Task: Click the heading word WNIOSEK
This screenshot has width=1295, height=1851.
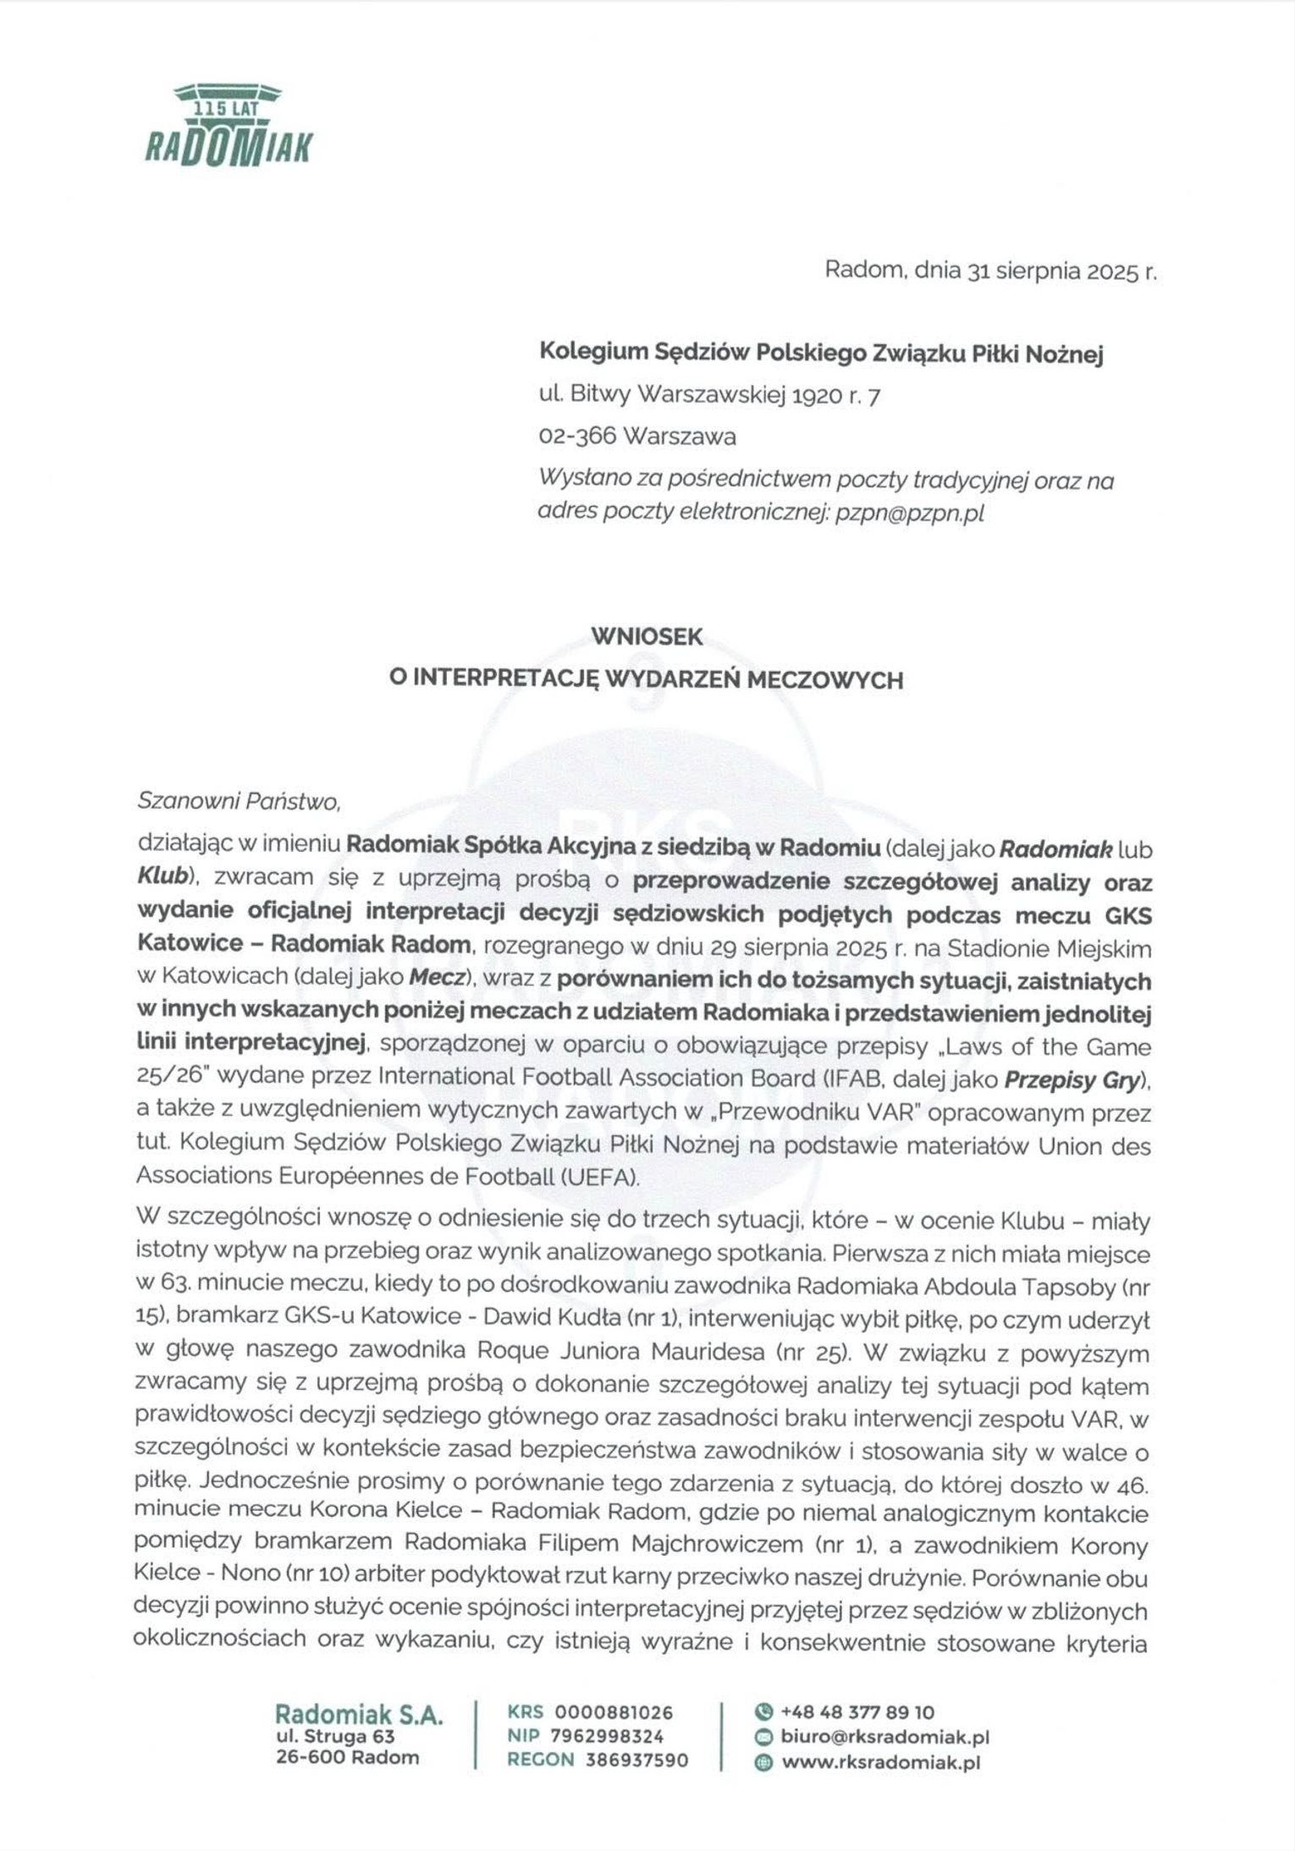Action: click(x=647, y=637)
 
